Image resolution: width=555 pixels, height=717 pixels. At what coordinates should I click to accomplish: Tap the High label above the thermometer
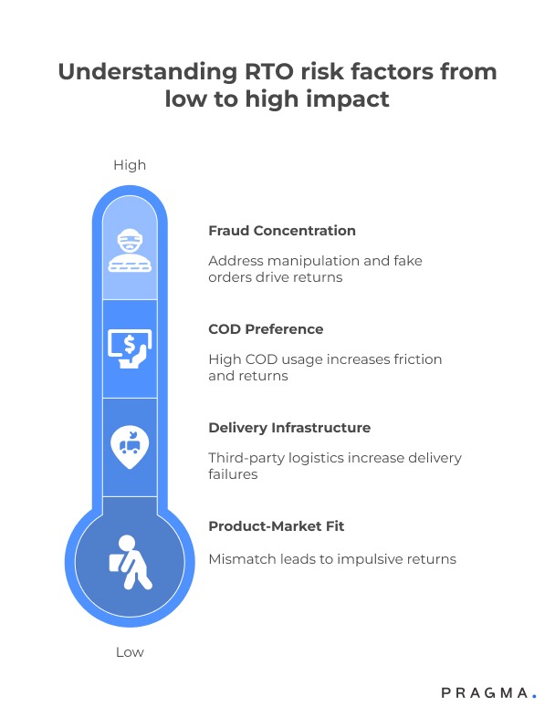(130, 165)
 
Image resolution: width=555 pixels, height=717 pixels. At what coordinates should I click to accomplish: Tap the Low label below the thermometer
(130, 652)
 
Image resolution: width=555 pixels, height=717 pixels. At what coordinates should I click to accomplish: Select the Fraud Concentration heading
(282, 231)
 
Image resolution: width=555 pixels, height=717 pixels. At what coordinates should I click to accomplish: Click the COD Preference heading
(266, 329)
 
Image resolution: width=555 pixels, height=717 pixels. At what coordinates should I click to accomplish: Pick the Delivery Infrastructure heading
(289, 428)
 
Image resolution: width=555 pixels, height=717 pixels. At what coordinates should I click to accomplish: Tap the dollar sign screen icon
(130, 348)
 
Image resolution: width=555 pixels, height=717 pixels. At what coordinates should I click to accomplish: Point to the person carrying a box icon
(130, 559)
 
